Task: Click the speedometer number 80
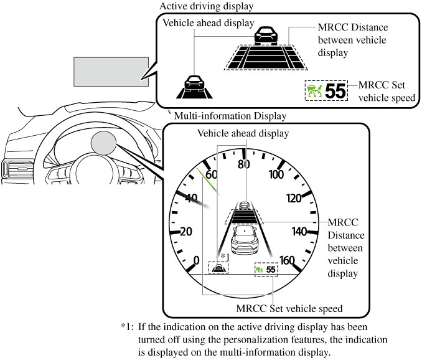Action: point(243,164)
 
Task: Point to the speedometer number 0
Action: point(197,260)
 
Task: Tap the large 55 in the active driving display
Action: point(335,92)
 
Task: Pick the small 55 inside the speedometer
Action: point(271,269)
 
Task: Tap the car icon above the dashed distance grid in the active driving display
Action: point(266,34)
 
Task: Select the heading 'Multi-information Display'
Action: point(230,116)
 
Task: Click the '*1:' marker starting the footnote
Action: point(128,327)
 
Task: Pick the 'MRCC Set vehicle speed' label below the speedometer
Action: point(289,308)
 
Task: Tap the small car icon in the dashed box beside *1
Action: point(220,268)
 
